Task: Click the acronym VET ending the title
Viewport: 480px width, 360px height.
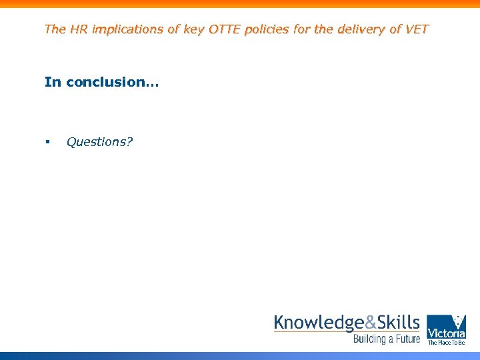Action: click(417, 29)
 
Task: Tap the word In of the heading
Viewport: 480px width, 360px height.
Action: click(53, 82)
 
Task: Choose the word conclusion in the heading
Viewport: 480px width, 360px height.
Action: click(109, 82)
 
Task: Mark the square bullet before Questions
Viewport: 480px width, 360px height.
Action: click(47, 142)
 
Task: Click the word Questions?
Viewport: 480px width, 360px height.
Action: click(99, 142)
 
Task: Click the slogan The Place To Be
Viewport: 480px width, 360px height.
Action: click(446, 343)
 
